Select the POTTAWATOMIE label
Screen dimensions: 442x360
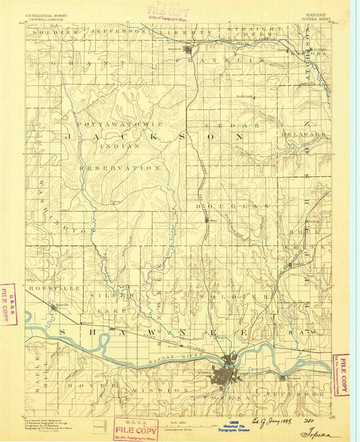120,125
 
